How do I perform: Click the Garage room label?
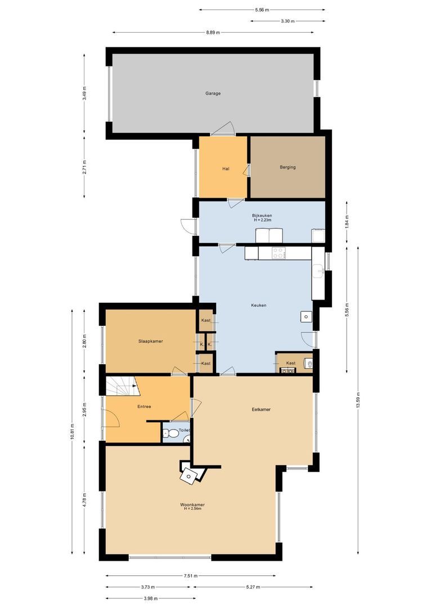click(213, 93)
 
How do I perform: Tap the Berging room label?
click(288, 167)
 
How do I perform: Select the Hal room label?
click(226, 168)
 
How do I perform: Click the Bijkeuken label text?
click(262, 216)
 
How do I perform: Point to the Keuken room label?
click(258, 305)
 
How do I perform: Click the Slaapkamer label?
click(151, 341)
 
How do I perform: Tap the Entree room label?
click(144, 406)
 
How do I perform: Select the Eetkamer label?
click(261, 409)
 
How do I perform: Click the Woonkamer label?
click(192, 505)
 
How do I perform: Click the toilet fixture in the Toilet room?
click(167, 433)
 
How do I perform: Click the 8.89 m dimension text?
click(213, 32)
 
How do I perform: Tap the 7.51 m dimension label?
click(191, 576)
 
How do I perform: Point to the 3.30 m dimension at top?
click(287, 21)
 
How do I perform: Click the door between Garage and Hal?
click(223, 130)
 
